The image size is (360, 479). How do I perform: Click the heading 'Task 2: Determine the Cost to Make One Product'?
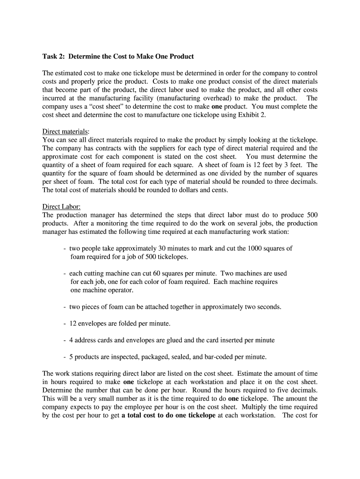click(118, 57)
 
